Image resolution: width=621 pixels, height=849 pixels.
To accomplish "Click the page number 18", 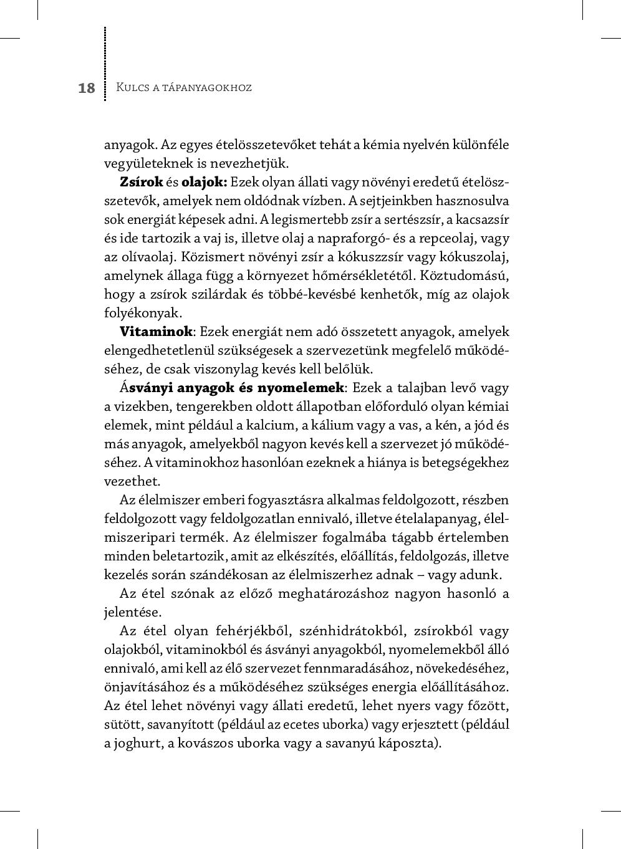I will point(87,88).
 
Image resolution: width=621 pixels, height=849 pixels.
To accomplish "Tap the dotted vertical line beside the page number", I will point(105,62).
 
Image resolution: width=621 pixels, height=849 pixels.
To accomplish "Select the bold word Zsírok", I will point(142,182).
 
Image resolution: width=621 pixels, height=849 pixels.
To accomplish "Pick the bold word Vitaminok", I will point(156,332).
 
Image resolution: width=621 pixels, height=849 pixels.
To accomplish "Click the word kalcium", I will point(271,425).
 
